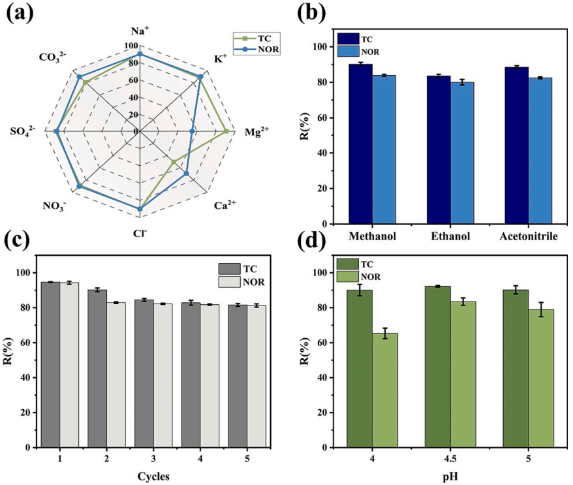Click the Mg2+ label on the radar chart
[256, 132]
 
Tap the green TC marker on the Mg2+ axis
[226, 131]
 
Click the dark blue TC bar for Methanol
[360, 144]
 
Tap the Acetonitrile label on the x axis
[527, 236]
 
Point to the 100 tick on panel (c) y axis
[25, 272]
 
